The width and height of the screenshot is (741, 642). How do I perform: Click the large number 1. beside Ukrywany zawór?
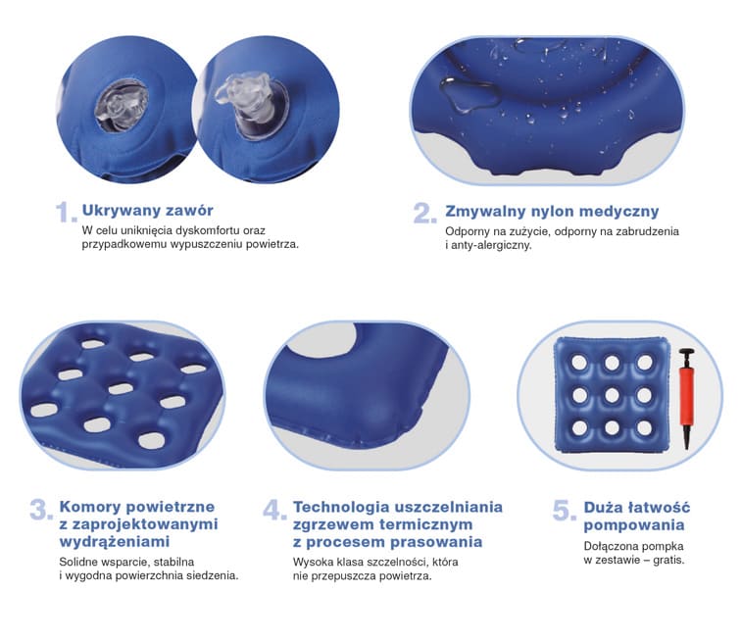click(65, 213)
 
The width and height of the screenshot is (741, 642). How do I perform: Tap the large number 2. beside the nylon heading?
click(423, 213)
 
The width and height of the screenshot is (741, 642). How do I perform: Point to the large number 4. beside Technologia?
click(273, 511)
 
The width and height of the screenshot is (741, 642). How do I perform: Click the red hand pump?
click(682, 398)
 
